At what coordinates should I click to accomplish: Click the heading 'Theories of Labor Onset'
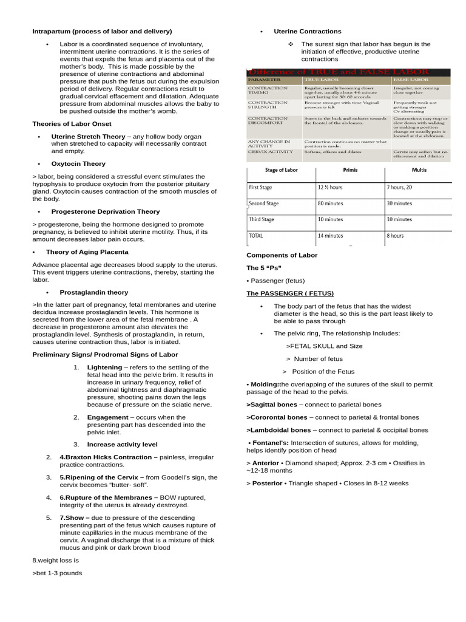pyautogui.click(x=72, y=124)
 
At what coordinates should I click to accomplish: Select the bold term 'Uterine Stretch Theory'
pyautogui.click(x=88, y=137)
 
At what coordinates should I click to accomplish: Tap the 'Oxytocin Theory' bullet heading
pyautogui.click(x=78, y=164)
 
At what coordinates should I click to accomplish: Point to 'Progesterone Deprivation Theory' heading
pyautogui.click(x=106, y=212)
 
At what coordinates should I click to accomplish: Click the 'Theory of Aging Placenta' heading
pyautogui.click(x=87, y=252)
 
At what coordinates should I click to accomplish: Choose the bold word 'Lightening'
pyautogui.click(x=104, y=367)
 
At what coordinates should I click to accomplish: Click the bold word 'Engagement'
pyautogui.click(x=107, y=418)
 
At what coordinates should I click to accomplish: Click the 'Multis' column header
pyautogui.click(x=419, y=170)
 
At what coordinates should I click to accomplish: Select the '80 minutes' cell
pyautogui.click(x=330, y=203)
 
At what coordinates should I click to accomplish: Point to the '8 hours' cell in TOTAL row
pyautogui.click(x=396, y=236)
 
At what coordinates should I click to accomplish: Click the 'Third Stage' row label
pyautogui.click(x=262, y=219)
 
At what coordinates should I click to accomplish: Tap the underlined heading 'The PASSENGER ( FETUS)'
pyautogui.click(x=290, y=293)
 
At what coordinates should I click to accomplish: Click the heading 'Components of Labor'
pyautogui.click(x=282, y=256)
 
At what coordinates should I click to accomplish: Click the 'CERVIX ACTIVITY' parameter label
pyautogui.click(x=271, y=152)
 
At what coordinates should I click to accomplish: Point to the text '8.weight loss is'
pyautogui.click(x=56, y=561)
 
